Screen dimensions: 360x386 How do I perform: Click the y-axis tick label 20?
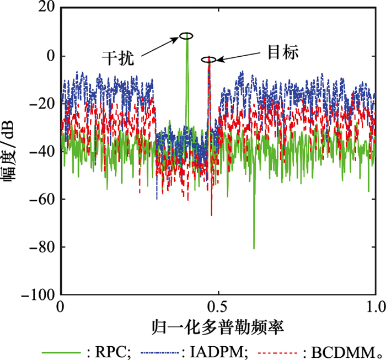point(46,8)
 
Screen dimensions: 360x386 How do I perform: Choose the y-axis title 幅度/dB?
point(12,152)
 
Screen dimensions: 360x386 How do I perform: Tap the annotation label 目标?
point(283,53)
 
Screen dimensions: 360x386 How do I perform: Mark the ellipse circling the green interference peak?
point(186,36)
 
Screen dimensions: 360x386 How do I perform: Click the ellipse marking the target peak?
point(208,60)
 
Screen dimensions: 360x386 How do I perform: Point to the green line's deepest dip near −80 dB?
point(254,247)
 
